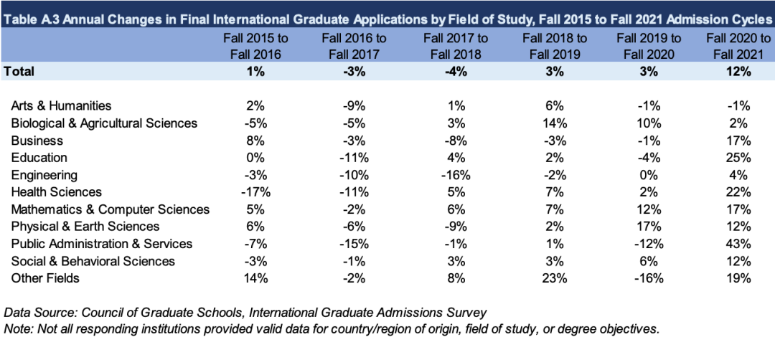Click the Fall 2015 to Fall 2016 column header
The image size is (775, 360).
tap(247, 45)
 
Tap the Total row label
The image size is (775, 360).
tap(19, 71)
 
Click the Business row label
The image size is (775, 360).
tap(42, 140)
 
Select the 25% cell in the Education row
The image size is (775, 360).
tap(737, 157)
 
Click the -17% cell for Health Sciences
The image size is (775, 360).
tap(247, 191)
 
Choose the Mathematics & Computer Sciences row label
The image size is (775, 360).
tap(115, 209)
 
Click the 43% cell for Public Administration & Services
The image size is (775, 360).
tap(737, 244)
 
